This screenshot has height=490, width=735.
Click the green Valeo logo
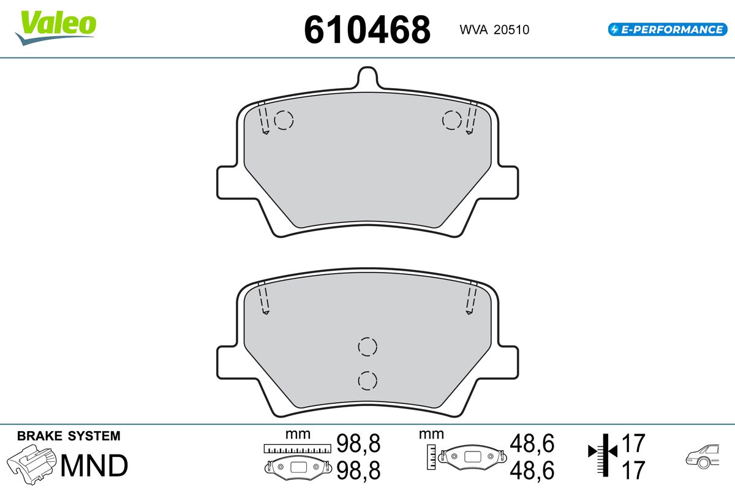56,28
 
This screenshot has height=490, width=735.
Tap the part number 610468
367,29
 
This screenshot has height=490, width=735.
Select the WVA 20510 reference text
494,29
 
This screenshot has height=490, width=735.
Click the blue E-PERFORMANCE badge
668,29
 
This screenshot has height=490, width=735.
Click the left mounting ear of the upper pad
227,183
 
